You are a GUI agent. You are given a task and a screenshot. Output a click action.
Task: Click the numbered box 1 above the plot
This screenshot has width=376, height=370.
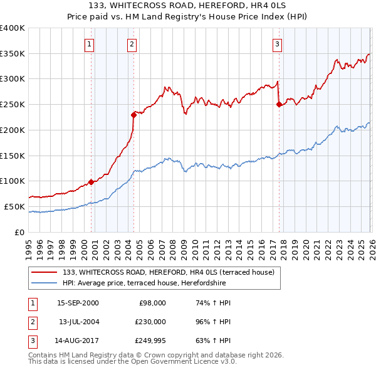(x=90, y=44)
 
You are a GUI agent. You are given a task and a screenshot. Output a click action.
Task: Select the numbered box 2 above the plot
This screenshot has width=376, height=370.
(x=132, y=44)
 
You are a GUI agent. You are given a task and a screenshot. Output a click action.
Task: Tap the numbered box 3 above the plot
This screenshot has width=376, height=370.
(x=277, y=44)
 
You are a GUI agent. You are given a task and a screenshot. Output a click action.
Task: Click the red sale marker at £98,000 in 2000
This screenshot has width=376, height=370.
(x=91, y=182)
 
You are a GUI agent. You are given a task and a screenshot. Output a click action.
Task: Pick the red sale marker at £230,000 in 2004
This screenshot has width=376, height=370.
(x=133, y=115)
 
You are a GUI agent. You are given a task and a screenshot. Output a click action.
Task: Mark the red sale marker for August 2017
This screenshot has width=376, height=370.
(x=279, y=105)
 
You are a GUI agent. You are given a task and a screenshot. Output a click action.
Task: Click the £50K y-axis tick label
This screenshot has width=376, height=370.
(x=14, y=206)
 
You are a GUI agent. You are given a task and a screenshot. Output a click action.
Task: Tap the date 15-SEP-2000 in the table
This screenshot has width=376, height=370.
(x=77, y=303)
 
